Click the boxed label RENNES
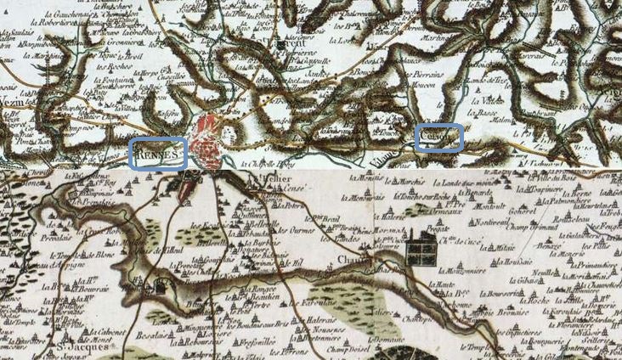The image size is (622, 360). [157, 154]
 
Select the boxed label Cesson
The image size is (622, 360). [439, 138]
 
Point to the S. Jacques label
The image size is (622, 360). [70, 346]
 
